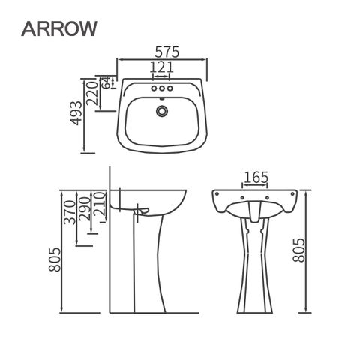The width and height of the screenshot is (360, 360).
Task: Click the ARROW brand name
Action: click(x=59, y=28)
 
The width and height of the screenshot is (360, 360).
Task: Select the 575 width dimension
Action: click(x=167, y=52)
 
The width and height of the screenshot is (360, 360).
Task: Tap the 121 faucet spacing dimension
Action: click(x=161, y=67)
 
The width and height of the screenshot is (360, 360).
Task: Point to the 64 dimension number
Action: click(x=106, y=82)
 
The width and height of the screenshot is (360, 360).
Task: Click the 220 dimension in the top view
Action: click(x=91, y=93)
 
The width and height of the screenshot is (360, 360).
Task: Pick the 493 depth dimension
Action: click(x=76, y=112)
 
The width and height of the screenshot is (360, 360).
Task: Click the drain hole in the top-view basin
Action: click(x=162, y=111)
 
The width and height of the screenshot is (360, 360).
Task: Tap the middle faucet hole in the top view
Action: click(x=162, y=88)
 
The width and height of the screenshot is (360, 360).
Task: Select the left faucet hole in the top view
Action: click(x=154, y=88)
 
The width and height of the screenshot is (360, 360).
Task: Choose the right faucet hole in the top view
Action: click(x=169, y=88)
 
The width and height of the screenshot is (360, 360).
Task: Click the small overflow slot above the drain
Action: click(x=162, y=98)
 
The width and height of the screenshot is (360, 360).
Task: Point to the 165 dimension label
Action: click(x=256, y=177)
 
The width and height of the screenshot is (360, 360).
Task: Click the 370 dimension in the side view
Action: click(x=70, y=212)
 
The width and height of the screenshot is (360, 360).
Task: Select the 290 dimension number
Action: click(x=84, y=209)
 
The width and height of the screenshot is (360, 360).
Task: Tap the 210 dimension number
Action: click(x=98, y=204)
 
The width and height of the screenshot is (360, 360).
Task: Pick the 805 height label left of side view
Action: click(x=55, y=259)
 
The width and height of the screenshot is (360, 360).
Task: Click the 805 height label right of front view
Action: click(x=299, y=250)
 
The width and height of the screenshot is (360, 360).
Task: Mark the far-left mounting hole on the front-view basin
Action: click(x=217, y=193)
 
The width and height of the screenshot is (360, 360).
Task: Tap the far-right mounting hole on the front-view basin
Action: click(x=292, y=193)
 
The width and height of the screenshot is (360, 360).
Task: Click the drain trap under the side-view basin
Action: click(x=142, y=211)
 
